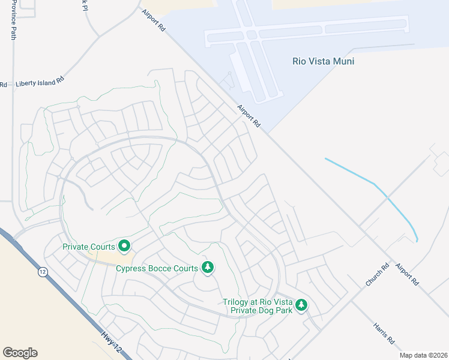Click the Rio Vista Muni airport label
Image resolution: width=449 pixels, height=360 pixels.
coord(323,61)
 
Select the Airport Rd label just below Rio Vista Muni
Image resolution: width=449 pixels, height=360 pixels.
coord(249,116)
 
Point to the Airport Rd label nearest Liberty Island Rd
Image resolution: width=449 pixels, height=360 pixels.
coord(153,20)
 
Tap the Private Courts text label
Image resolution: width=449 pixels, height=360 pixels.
coord(90,247)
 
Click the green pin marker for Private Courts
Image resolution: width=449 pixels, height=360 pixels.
coord(125,245)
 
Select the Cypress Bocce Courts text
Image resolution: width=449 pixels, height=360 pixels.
coord(157,268)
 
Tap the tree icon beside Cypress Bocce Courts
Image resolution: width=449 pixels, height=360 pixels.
coord(208,267)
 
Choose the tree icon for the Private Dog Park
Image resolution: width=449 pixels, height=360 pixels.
coord(301,305)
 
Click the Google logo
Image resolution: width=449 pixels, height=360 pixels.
coord(20,353)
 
